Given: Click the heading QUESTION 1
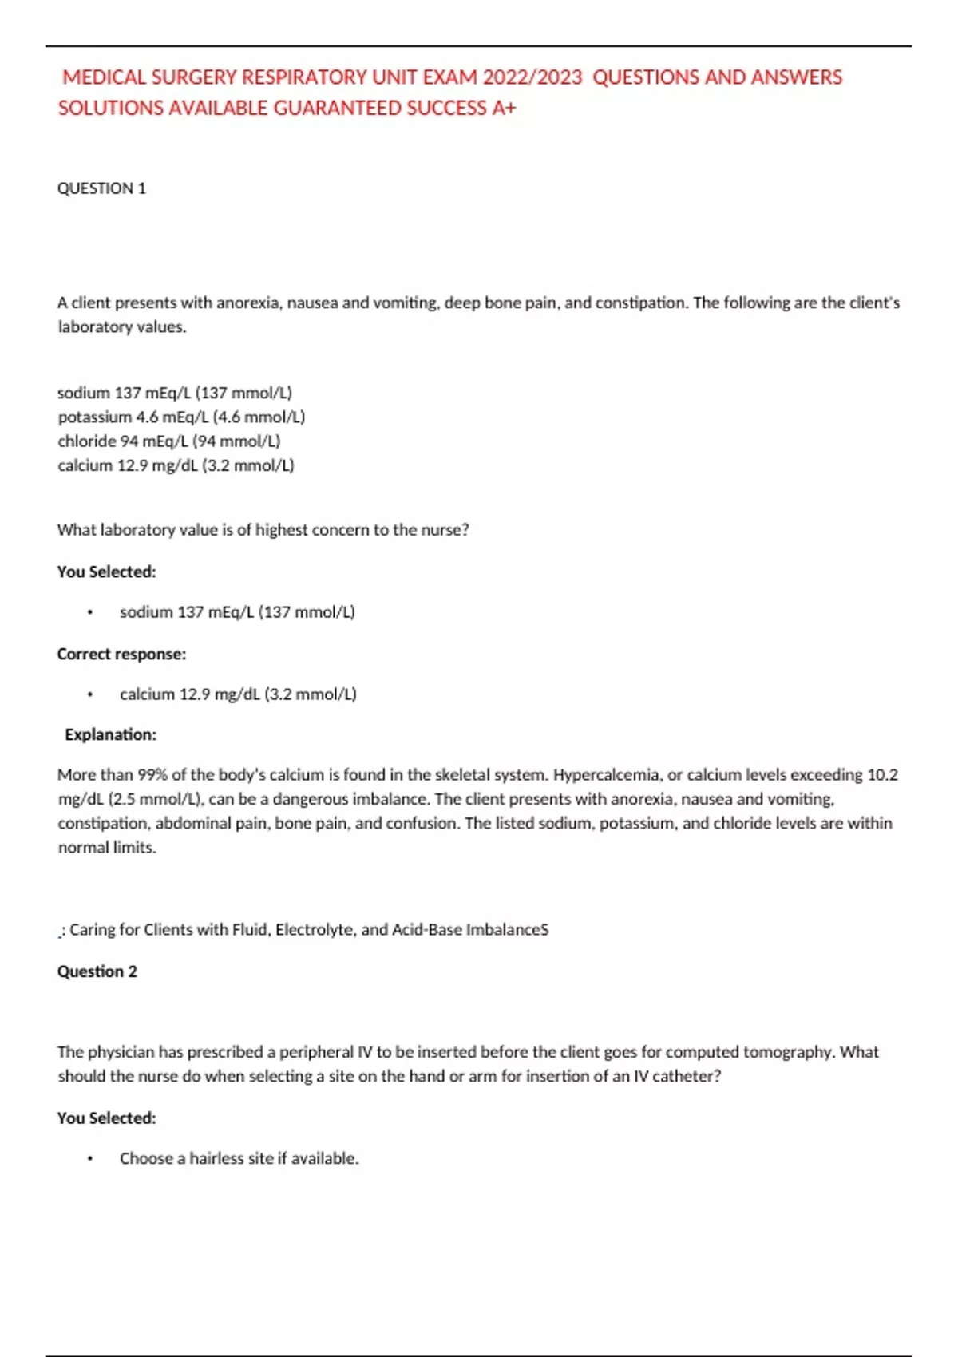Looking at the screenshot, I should pos(101,188).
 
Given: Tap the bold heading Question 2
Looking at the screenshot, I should pos(97,971).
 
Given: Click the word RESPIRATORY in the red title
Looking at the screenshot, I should pos(303,77).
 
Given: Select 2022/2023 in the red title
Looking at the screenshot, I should pos(532,77).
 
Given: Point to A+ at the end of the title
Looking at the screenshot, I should pos(504,108).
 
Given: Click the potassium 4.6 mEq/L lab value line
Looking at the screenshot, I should pos(181,417).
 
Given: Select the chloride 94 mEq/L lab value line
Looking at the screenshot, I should pos(168,441).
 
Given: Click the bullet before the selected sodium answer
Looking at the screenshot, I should pos(90,612).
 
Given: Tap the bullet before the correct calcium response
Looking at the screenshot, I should pos(90,694).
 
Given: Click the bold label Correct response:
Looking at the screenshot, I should pos(121,654).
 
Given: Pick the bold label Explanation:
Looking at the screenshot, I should pos(110,734).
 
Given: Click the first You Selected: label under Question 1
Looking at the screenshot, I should pos(106,572).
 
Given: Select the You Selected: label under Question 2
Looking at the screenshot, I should pos(106,1118).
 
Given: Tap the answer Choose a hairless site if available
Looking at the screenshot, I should pos(239,1158).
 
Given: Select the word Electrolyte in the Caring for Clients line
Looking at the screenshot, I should pos(314,929).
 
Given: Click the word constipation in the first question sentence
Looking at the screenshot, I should pos(640,303).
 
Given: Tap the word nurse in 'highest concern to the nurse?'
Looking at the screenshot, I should pos(445,530).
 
